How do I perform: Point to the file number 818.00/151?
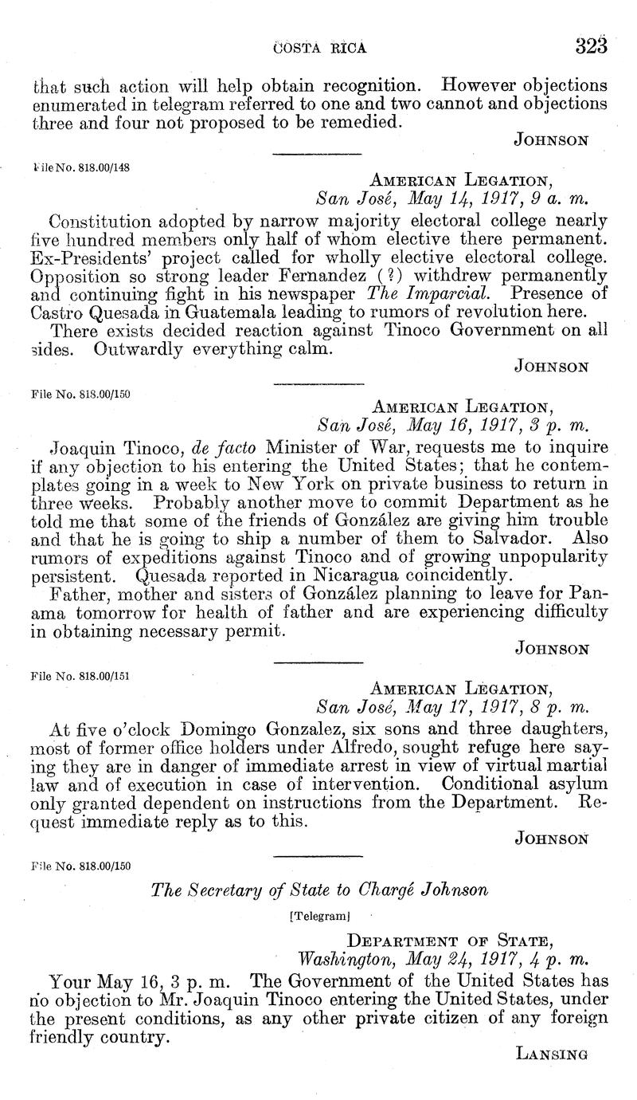[79, 675]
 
